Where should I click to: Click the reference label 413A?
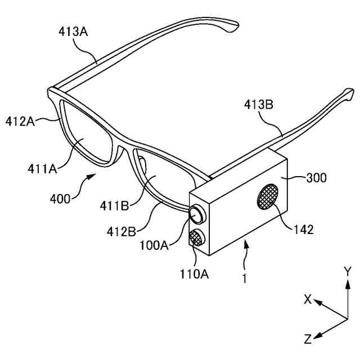click(x=73, y=32)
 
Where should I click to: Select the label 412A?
click(x=20, y=120)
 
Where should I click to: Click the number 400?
click(x=61, y=198)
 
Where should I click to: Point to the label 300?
click(x=316, y=178)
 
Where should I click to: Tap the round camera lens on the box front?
click(x=197, y=215)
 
